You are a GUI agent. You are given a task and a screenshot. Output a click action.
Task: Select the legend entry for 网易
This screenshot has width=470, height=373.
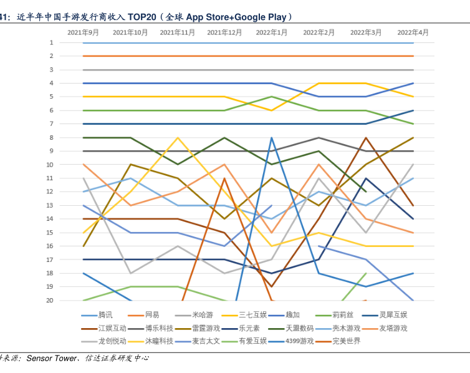click(152, 315)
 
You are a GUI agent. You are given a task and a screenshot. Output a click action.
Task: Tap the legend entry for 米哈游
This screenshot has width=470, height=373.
click(203, 315)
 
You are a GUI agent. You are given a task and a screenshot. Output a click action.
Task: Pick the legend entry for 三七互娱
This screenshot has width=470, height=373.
click(253, 315)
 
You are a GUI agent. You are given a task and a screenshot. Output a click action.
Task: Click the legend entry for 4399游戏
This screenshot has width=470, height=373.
click(299, 341)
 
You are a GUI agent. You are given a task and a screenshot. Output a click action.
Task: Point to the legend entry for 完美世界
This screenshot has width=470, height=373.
click(346, 341)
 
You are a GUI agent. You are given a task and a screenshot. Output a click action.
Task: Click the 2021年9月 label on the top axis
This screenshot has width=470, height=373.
click(84, 32)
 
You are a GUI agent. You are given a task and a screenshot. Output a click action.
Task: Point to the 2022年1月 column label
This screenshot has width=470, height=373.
click(272, 32)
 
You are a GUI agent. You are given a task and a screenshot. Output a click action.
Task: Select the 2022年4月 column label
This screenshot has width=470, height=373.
click(413, 32)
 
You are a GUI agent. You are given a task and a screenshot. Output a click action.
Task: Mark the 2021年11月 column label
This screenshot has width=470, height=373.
click(178, 32)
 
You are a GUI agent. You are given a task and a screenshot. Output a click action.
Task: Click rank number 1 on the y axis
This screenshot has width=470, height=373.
click(52, 42)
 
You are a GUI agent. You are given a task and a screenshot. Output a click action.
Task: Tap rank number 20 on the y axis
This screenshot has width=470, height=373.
click(50, 300)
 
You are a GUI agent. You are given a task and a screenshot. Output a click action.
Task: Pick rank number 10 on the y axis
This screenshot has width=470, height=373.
click(50, 165)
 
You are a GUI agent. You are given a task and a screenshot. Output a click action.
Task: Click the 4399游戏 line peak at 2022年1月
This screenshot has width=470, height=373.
click(272, 138)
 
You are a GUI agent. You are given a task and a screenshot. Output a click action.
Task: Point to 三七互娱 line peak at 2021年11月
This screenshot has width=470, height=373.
click(178, 138)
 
